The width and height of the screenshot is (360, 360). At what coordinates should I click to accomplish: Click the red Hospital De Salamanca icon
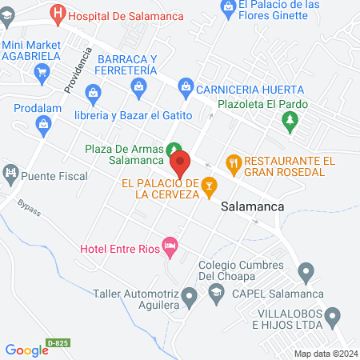[58, 14]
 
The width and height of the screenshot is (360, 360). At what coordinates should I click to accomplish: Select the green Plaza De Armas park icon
[173, 150]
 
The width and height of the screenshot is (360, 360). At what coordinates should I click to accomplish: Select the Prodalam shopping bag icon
[43, 122]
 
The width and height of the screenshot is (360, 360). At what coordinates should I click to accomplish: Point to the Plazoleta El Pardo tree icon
[291, 122]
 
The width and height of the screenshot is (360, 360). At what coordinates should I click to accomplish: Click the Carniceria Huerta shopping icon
[186, 86]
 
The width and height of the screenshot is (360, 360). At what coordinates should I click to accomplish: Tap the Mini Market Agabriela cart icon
[42, 72]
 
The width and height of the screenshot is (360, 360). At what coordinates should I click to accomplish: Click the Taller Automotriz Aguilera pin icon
[189, 298]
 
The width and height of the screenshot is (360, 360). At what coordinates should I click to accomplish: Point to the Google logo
[27, 349]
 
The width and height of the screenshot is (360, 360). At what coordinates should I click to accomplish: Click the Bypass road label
[28, 216]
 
